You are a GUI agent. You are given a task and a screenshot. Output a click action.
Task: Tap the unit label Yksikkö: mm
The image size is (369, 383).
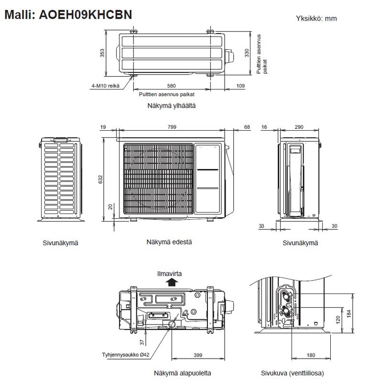pos(317,18)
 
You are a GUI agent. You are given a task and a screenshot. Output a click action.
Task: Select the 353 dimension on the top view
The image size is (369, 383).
pos(102,53)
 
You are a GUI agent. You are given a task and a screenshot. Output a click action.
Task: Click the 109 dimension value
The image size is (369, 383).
pos(241,86)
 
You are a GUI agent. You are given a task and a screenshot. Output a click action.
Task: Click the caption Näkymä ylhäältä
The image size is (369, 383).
pos(173,105)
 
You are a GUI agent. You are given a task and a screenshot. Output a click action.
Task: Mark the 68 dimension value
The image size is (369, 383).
pos(247,127)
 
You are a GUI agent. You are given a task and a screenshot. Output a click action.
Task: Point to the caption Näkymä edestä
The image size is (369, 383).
pos(169,242)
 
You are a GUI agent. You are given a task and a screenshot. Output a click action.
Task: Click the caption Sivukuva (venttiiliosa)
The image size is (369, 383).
pos(293,373)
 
